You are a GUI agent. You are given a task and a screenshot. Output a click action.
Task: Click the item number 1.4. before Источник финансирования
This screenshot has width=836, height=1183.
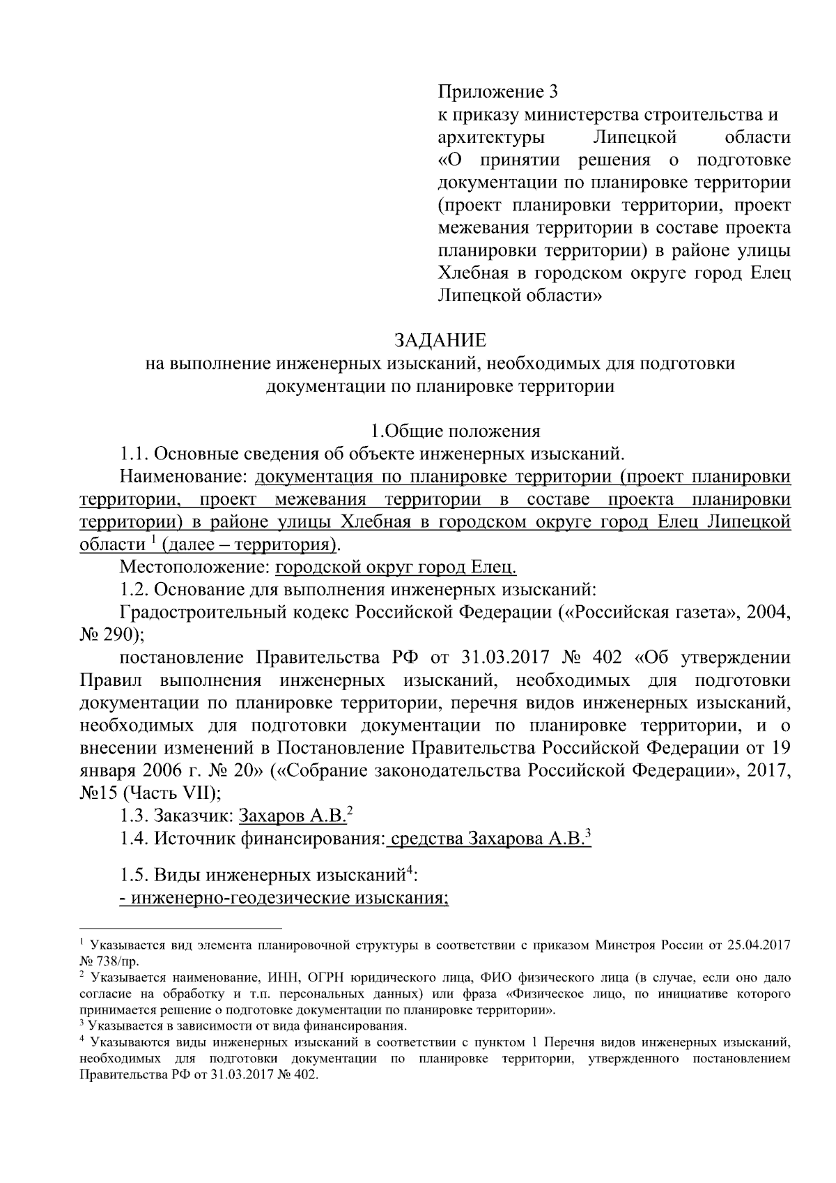(134, 839)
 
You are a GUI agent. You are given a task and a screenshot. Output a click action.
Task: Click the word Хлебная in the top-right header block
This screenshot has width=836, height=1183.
(471, 274)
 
